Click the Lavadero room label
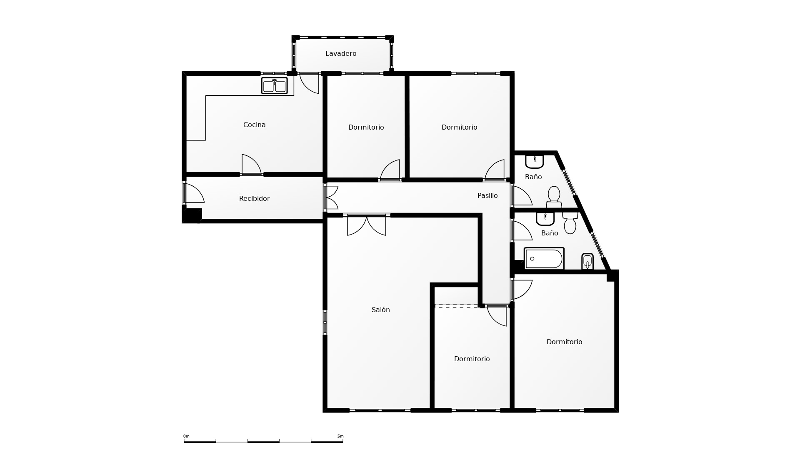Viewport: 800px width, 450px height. pos(341,53)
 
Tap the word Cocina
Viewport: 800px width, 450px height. pos(254,125)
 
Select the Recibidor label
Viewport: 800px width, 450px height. pos(254,198)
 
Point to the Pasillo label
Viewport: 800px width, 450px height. pos(487,195)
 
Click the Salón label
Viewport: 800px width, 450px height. pos(381,310)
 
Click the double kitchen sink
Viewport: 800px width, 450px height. pos(274,85)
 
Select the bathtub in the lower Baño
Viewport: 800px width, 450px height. pos(544,259)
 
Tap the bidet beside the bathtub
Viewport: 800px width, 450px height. pos(587,261)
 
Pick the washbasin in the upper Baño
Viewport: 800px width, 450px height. pos(534,161)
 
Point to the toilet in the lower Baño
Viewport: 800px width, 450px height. pos(570,223)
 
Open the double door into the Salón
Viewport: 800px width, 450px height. pos(367,225)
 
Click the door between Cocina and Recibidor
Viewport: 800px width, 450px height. pos(251,165)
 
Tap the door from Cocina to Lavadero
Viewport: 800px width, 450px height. pos(309,83)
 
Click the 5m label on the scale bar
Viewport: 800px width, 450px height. pos(340,436)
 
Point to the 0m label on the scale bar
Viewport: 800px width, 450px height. pos(186,436)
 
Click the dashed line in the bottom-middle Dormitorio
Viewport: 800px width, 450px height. pos(457,306)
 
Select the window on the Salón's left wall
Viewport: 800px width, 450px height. pos(325,322)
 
